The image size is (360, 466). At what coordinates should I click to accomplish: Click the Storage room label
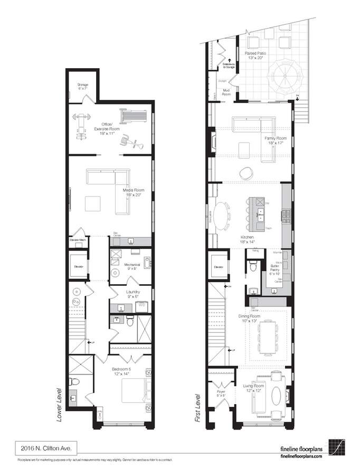pos(83,87)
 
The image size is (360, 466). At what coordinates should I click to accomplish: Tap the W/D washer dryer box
pos(141,306)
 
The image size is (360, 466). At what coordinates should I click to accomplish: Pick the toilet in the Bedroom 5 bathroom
pos(76,382)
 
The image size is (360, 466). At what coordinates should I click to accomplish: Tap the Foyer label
pos(221,393)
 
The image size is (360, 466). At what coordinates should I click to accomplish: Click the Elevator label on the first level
pos(219,267)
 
